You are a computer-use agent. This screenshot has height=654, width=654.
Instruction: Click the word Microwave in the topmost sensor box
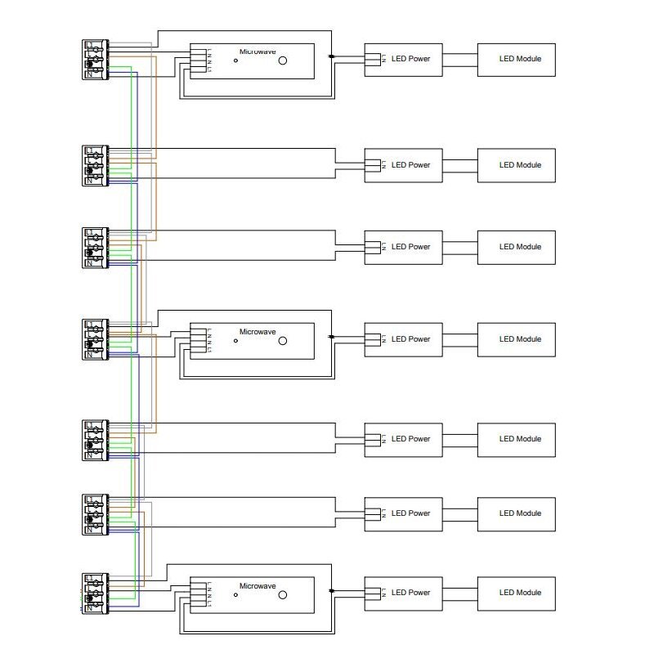tap(258, 52)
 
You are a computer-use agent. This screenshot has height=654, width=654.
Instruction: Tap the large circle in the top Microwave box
tap(283, 61)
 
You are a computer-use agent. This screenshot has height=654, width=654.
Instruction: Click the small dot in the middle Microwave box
tap(235, 341)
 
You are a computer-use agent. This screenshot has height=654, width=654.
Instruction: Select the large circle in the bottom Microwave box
tap(283, 595)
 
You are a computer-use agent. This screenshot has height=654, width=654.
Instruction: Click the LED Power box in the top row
tap(404, 60)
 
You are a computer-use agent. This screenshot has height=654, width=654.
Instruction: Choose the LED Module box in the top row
tap(516, 60)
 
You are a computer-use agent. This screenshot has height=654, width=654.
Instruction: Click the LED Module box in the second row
tap(516, 165)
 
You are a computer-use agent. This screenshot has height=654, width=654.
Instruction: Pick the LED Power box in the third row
tap(404, 247)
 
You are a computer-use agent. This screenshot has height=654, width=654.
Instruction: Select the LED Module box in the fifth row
tap(516, 439)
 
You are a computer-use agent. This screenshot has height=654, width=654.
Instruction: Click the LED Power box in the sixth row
tap(404, 513)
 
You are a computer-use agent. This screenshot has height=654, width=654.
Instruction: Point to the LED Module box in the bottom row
tap(516, 593)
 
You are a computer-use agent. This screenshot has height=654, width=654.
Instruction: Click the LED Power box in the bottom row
tap(404, 593)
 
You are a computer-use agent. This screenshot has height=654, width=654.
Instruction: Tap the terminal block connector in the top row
tap(95, 60)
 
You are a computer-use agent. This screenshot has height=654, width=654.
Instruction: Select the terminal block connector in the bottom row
tap(95, 594)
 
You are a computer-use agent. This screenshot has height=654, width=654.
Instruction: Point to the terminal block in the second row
tap(95, 165)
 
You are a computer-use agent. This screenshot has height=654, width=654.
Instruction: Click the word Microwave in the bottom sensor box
tap(258, 586)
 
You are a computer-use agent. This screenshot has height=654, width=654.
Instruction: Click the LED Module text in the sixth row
tap(521, 513)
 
